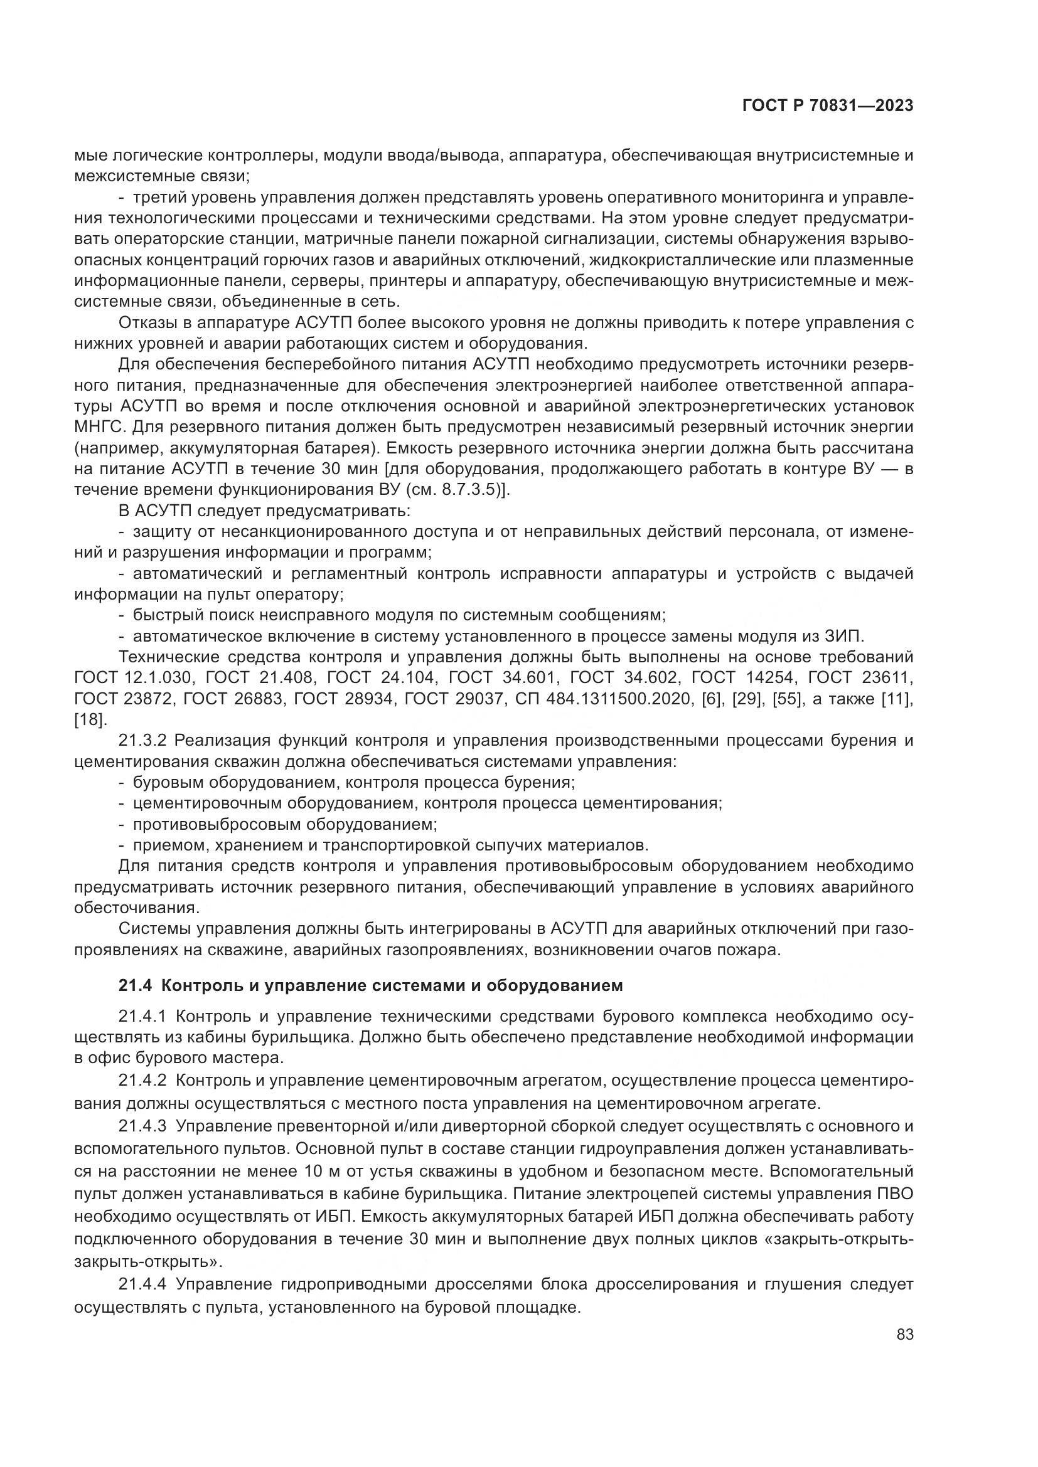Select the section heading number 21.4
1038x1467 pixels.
[135, 986]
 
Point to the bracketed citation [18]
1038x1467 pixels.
[88, 720]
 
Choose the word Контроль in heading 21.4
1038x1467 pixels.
[198, 986]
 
